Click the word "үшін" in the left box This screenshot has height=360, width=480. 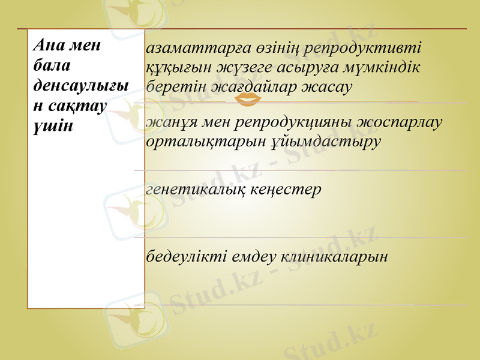pos(53,126)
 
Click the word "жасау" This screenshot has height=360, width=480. pos(326,88)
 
